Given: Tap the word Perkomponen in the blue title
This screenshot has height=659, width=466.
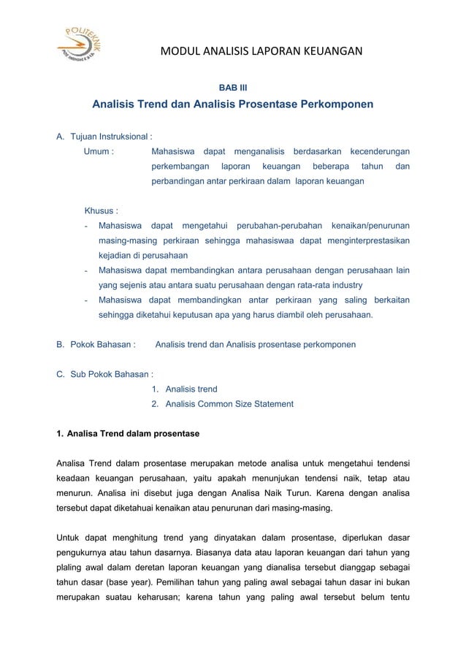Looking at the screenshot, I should point(332,104).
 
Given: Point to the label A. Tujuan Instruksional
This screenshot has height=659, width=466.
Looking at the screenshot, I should point(104,137).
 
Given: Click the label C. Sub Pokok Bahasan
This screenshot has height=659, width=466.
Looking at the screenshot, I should point(104,375).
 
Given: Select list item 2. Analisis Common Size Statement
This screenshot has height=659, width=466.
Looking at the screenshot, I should point(222,404).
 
